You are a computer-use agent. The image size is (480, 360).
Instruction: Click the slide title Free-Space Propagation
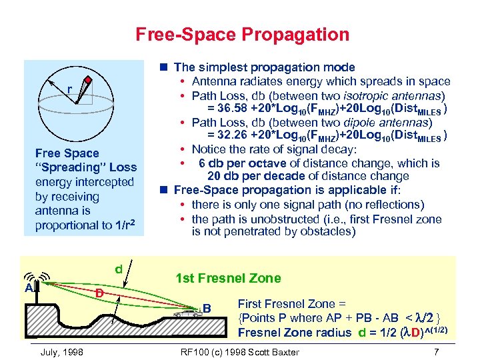pos(242,34)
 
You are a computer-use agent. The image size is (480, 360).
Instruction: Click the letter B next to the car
pos(207,308)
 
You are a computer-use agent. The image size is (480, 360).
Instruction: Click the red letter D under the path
pos(98,293)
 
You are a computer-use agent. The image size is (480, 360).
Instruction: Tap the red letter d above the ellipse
pos(118,269)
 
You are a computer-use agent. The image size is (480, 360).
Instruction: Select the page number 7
pos(436,351)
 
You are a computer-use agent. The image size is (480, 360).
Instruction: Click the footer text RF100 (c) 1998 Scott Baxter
pos(240,351)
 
